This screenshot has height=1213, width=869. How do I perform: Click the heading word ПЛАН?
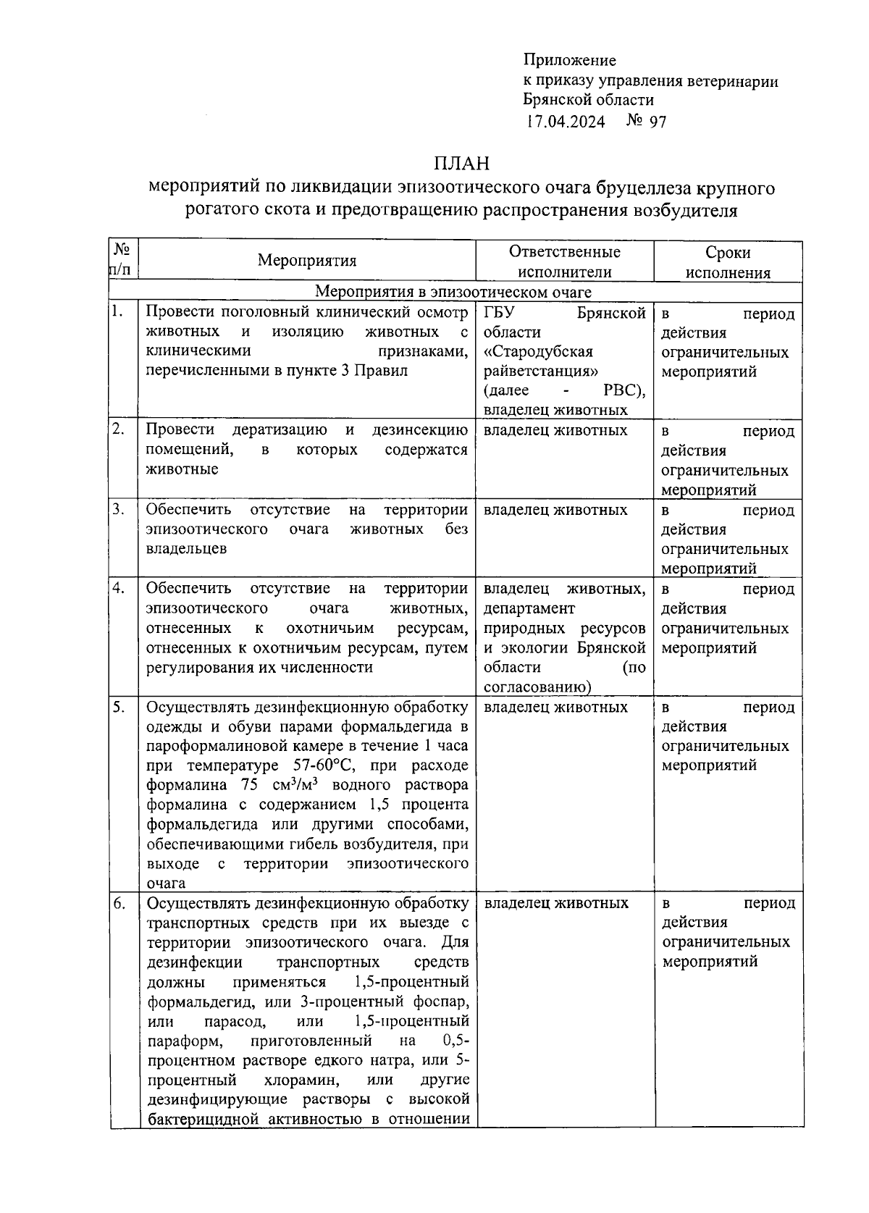[x=462, y=162]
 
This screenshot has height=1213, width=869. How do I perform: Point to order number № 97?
[x=646, y=121]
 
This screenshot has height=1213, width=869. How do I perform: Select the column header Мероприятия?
[x=307, y=261]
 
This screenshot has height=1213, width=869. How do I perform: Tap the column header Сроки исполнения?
[x=728, y=262]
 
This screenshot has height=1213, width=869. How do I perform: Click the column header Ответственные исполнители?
[x=564, y=261]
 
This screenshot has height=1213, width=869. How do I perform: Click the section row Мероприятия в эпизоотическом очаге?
[x=453, y=293]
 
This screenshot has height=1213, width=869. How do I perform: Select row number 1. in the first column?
[x=117, y=312]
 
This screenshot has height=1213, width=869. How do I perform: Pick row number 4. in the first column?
[x=119, y=588]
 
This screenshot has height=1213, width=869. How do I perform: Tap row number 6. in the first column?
[x=119, y=902]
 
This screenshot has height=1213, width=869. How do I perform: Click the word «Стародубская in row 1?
[x=538, y=352]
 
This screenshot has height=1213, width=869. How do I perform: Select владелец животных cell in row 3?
[x=555, y=510]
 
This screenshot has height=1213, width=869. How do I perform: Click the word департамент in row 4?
[x=529, y=608]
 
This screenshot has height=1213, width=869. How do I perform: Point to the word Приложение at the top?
[x=569, y=60]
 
